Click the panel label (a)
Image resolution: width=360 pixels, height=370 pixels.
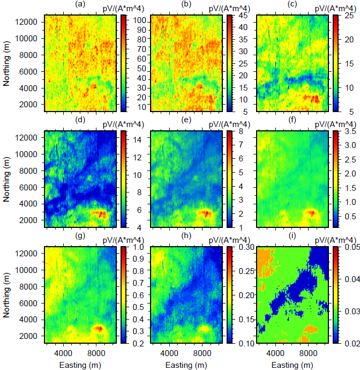coord(79,5)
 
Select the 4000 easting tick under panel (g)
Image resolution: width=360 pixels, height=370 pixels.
coord(63,352)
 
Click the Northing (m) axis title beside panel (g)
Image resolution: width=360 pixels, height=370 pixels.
coord(7,295)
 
